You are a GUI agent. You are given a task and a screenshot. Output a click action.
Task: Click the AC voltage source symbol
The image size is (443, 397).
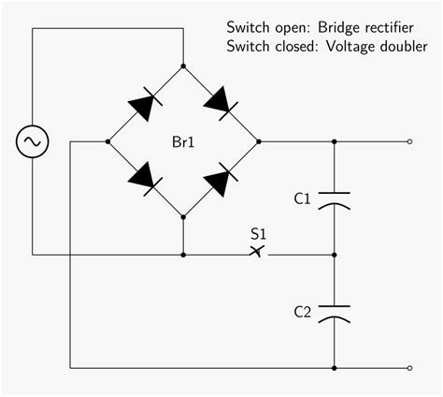(x=32, y=142)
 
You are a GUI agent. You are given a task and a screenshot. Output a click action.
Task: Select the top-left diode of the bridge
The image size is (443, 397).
(x=145, y=104)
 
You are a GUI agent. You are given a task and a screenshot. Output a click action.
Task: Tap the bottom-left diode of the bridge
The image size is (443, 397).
(x=145, y=179)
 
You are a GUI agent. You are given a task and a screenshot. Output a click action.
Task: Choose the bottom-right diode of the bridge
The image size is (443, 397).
(x=221, y=179)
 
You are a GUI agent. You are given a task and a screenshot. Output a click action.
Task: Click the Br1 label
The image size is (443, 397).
(x=183, y=142)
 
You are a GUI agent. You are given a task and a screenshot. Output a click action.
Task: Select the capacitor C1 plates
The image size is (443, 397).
(x=334, y=198)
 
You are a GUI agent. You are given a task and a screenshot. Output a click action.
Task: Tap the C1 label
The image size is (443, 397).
(x=302, y=198)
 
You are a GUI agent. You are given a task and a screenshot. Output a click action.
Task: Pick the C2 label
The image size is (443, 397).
(x=302, y=311)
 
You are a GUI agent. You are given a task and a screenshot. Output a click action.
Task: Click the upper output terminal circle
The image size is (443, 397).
(x=409, y=142)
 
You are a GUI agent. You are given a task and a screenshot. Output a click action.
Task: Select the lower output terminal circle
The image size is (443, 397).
(x=409, y=367)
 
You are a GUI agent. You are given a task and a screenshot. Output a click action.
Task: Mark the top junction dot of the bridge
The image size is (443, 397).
(x=183, y=66)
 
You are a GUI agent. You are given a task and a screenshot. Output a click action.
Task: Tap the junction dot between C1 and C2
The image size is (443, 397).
(x=334, y=254)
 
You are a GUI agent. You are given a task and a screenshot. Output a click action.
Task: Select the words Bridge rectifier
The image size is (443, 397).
(x=361, y=26)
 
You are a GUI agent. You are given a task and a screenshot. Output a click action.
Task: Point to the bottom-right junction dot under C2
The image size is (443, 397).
(x=334, y=367)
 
